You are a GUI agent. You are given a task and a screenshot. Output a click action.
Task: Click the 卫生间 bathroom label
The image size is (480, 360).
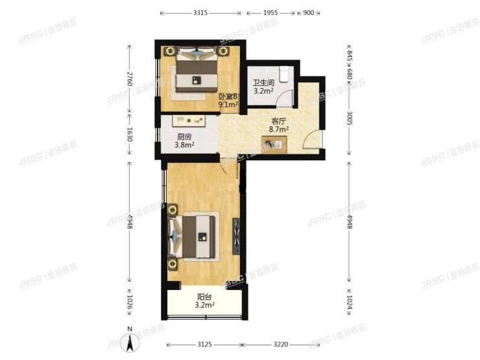pyautogui.click(x=263, y=83)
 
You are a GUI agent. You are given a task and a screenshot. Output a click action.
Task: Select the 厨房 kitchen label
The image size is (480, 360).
pyautogui.click(x=184, y=137)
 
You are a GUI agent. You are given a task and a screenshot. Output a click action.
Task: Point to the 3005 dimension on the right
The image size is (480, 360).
pyautogui.click(x=350, y=117)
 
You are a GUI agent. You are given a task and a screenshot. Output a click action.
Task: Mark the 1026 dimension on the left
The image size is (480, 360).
pyautogui.click(x=130, y=303)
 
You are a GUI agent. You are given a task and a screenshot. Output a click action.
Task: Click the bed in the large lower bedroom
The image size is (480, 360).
pyautogui.click(x=197, y=237)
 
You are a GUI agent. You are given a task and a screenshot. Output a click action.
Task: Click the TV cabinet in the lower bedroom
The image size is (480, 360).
pyautogui.click(x=237, y=237)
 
